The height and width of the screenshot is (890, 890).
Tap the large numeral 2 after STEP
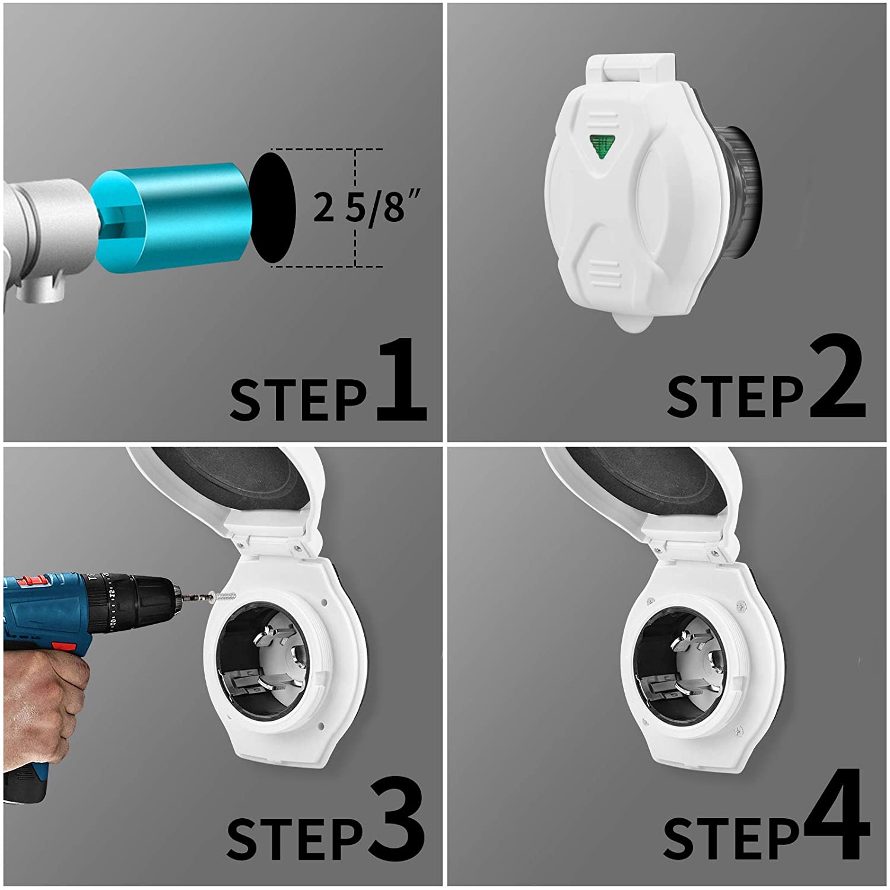pos(837,380)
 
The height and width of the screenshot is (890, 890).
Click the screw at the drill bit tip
pos(224,597)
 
